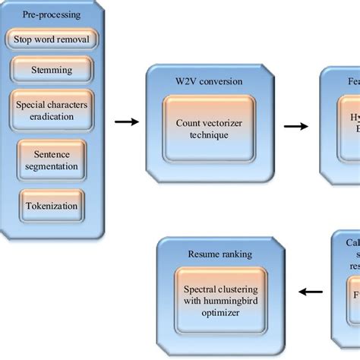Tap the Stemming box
pos(52,70)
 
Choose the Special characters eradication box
pos(52,109)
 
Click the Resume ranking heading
pos(221,254)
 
